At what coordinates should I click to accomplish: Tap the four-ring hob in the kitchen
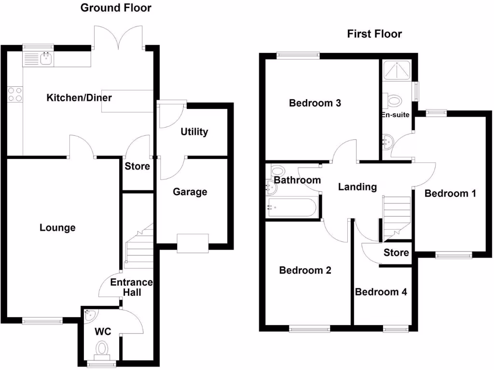[x=15, y=94]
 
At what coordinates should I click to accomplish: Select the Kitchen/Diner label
[x=79, y=98]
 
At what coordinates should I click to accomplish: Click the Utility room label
[x=194, y=132]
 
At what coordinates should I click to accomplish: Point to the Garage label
[x=190, y=192]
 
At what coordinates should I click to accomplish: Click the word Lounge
[x=57, y=228]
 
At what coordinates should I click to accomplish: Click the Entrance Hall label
[x=131, y=287]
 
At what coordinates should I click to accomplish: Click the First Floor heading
[x=374, y=34]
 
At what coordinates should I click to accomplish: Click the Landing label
[x=357, y=187]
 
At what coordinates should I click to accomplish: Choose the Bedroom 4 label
[x=381, y=292]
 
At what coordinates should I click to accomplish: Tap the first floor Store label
[x=397, y=252]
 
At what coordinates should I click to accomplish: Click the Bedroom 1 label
[x=450, y=194]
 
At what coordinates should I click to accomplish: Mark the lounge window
[x=42, y=320]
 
